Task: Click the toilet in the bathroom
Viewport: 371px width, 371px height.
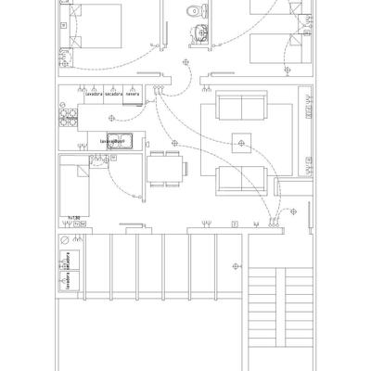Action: pos(194,12)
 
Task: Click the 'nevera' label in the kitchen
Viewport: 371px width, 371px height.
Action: pos(133,94)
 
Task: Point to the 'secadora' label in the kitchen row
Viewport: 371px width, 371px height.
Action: pos(113,94)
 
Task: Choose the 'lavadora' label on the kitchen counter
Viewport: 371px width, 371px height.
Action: pos(93,94)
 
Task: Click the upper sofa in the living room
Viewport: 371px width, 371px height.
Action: pos(240,107)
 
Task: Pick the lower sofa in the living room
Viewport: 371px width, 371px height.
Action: pos(240,180)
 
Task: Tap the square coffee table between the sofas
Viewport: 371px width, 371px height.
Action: pos(242,143)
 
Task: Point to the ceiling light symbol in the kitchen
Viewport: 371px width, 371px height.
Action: pos(112,118)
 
